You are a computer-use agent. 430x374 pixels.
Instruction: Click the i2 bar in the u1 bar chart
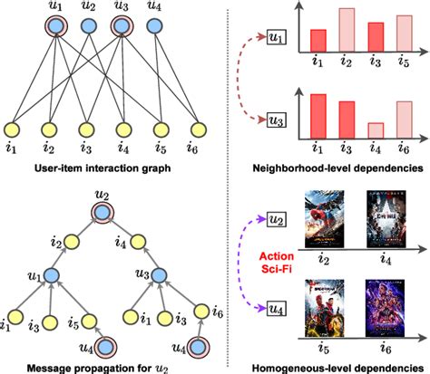(347, 30)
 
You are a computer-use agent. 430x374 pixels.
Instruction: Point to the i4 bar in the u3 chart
(376, 129)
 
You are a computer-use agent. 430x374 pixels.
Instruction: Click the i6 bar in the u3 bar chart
(404, 119)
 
